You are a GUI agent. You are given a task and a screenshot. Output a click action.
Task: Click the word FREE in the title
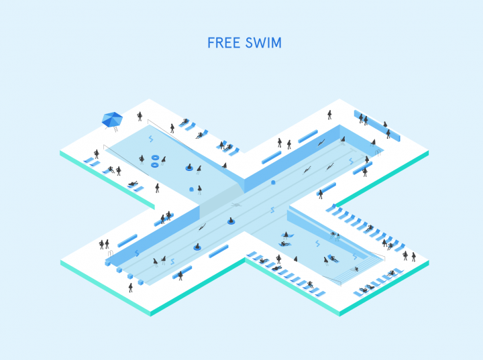223,43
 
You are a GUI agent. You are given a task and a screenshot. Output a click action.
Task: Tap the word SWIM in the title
264,43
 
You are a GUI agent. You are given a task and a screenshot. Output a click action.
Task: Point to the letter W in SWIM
260,43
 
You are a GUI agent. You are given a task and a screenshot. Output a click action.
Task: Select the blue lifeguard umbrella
112,119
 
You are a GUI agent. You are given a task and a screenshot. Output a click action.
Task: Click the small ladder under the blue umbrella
115,129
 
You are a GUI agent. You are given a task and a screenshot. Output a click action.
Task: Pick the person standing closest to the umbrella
140,117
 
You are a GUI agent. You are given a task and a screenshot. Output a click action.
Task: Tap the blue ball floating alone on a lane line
273,182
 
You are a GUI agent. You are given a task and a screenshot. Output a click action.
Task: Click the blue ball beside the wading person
191,189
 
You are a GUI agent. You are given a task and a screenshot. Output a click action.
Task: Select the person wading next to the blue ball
200,190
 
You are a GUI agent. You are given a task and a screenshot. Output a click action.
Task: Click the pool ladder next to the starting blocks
110,254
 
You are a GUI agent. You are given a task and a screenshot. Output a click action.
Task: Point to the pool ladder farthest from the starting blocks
378,153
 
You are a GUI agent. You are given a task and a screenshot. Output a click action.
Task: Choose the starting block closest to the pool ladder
107,263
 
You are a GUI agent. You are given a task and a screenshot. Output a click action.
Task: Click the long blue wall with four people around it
377,125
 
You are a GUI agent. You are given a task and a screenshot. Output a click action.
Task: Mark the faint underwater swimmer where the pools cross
236,204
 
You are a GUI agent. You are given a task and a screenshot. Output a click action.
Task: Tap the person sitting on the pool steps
356,269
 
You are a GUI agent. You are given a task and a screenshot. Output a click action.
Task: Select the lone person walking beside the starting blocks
131,288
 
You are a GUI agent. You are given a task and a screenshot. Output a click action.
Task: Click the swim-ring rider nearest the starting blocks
197,247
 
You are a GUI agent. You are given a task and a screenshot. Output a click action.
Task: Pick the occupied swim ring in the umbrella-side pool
189,168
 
